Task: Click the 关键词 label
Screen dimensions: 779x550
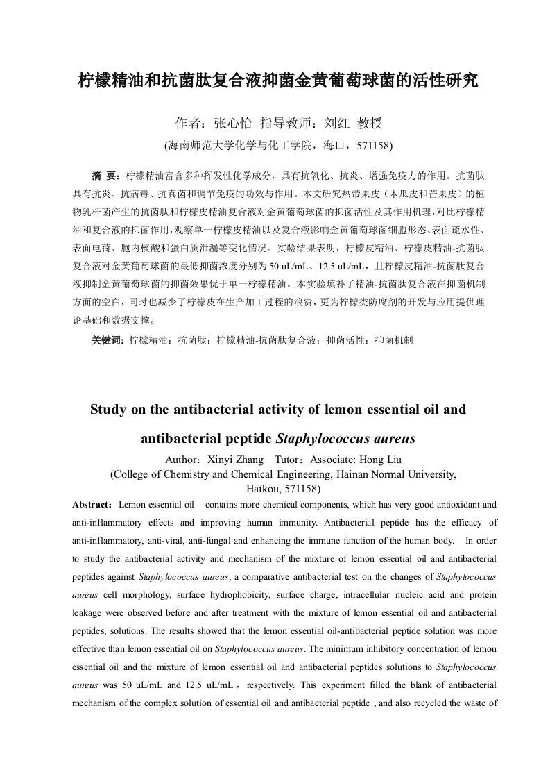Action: tap(107, 340)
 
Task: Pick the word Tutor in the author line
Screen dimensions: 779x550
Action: tap(289, 460)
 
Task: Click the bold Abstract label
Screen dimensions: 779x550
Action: tap(94, 504)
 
